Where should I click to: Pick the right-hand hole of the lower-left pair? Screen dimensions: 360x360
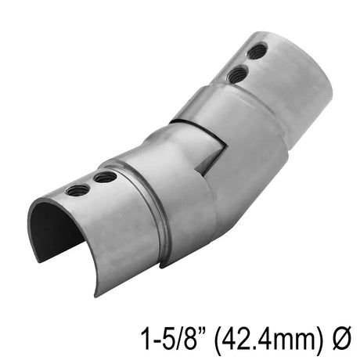(105, 178)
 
